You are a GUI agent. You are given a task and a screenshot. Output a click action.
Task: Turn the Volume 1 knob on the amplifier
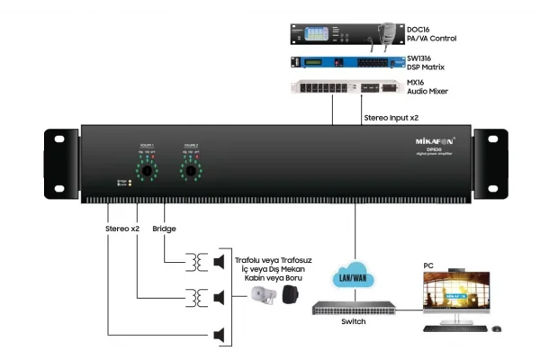147,169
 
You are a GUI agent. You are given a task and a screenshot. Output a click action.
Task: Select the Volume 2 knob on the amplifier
190,169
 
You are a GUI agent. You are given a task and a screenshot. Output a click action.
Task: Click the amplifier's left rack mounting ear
58,161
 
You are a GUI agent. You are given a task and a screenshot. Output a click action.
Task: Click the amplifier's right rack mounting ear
485,161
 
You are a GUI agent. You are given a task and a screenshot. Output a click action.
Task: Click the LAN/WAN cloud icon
351,274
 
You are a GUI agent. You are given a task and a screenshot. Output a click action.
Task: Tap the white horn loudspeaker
262,298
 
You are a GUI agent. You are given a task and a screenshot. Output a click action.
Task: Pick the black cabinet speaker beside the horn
289,297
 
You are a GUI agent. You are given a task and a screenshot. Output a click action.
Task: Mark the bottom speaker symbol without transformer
219,335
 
